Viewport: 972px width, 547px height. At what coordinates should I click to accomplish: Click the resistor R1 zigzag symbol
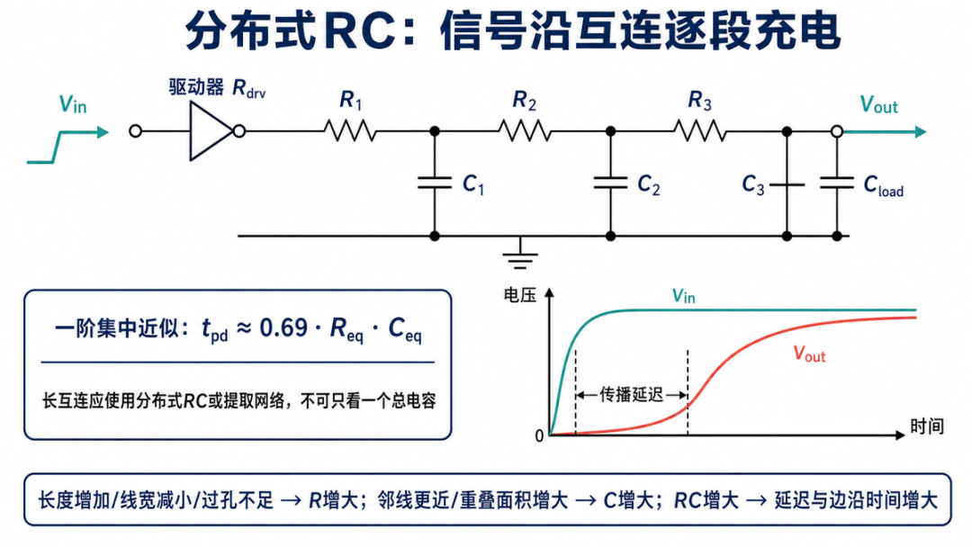tap(349, 131)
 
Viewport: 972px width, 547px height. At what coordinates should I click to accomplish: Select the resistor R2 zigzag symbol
tap(525, 131)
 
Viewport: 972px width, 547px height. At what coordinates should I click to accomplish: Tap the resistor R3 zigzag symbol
tap(700, 131)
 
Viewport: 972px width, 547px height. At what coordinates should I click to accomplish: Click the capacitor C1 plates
tap(435, 183)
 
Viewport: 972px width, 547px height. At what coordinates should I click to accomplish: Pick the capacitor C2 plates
tap(610, 183)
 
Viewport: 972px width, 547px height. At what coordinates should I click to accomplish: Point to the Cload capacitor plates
tap(837, 183)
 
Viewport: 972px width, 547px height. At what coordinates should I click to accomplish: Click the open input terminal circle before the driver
tap(135, 131)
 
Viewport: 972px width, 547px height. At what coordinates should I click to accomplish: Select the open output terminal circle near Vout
tap(837, 131)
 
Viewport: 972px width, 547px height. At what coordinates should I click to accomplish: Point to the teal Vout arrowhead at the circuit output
tap(921, 131)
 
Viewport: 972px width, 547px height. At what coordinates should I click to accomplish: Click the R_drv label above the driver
tap(248, 89)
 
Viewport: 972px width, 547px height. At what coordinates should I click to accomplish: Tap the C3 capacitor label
tap(753, 184)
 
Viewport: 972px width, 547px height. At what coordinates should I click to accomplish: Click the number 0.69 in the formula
tap(283, 327)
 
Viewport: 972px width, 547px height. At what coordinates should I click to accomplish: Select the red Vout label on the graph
tap(810, 354)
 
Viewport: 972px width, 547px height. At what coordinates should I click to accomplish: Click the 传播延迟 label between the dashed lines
tap(631, 395)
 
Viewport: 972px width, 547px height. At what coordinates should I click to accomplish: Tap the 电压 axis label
tap(519, 295)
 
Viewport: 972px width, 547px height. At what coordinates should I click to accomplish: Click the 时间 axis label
tap(927, 426)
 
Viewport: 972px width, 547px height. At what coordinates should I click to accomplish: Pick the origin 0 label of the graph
tap(539, 436)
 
